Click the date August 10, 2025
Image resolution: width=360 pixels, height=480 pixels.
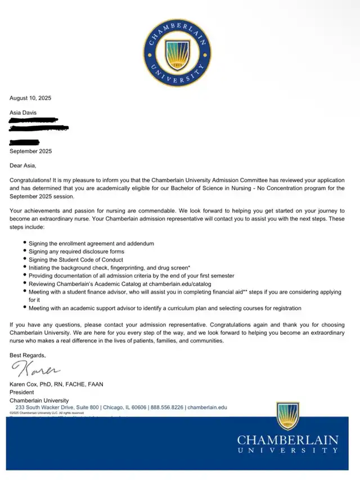(30, 98)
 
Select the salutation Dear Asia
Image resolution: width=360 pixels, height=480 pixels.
(25, 165)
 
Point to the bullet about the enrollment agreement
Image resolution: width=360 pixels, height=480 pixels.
(91, 243)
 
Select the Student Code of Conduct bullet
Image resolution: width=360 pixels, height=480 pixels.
(76, 260)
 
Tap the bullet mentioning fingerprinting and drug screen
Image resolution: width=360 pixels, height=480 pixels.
(110, 268)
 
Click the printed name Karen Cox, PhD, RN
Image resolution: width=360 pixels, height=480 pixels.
(56, 384)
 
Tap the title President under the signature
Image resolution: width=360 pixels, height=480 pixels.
(22, 392)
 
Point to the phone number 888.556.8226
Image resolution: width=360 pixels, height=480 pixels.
(166, 407)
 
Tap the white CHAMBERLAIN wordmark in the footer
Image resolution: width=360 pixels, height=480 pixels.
(287, 440)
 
